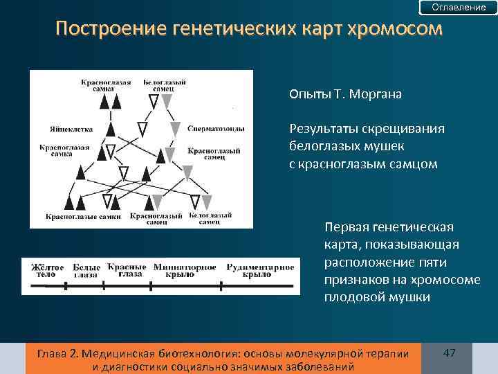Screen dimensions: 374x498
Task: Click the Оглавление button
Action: pyautogui.click(x=459, y=8)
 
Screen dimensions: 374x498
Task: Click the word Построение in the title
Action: pyautogui.click(x=102, y=30)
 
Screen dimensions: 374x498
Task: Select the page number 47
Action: pyautogui.click(x=450, y=353)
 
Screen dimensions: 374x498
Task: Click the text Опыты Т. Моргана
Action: pyautogui.click(x=346, y=94)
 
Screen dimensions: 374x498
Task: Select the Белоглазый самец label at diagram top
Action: pyautogui.click(x=164, y=85)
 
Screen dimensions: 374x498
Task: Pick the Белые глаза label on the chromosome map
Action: pyautogui.click(x=86, y=270)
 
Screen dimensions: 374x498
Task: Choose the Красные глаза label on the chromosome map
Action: pyautogui.click(x=126, y=269)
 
